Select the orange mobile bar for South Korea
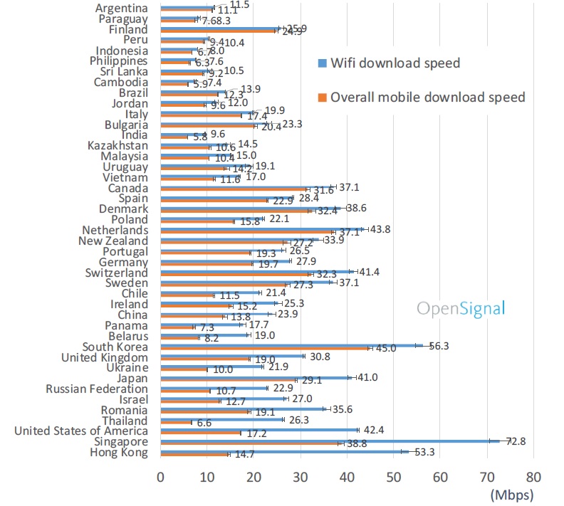(x=265, y=348)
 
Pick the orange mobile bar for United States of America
(x=201, y=433)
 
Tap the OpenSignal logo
(x=461, y=308)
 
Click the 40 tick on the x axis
(x=347, y=476)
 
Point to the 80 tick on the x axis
(x=533, y=476)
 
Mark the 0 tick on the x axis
(x=161, y=476)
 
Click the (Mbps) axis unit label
(x=511, y=493)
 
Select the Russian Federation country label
(x=97, y=389)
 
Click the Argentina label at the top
(x=122, y=8)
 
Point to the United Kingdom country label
(x=105, y=357)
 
